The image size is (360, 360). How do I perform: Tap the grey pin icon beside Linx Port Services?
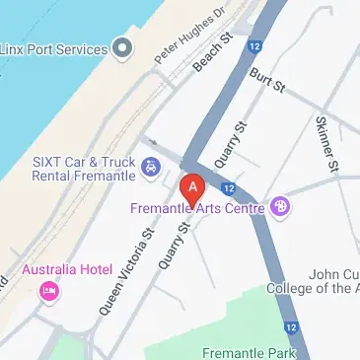(x=122, y=47)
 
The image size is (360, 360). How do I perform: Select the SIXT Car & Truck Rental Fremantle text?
(x=69, y=170)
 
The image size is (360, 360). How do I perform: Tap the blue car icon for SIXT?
(x=151, y=167)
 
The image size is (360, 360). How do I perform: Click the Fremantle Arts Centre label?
(x=197, y=208)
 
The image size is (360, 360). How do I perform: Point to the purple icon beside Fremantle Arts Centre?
(x=281, y=206)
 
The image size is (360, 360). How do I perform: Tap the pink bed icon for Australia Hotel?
(x=46, y=291)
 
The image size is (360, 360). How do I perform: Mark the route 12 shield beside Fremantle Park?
(x=291, y=326)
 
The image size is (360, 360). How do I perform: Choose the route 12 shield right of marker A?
(x=228, y=187)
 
